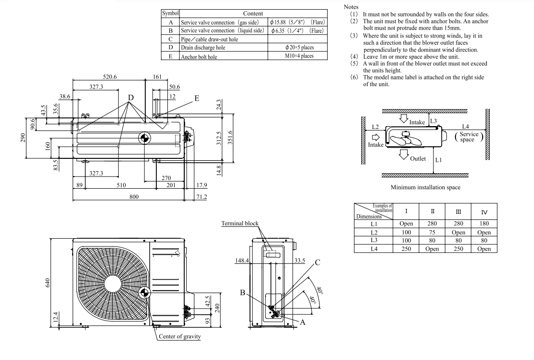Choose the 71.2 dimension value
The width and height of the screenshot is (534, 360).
[201, 196]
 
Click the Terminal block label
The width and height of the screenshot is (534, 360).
[240, 223]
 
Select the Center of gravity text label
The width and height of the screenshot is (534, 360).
[179, 336]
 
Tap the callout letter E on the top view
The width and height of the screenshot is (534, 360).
[196, 98]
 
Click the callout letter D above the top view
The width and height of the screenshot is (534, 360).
[130, 97]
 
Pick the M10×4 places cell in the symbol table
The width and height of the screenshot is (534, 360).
[298, 56]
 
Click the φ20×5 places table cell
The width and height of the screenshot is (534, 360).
[298, 48]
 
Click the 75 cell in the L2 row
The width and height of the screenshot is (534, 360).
[432, 232]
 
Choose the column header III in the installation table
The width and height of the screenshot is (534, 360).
[458, 211]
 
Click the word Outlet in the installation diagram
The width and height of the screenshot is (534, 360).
[418, 159]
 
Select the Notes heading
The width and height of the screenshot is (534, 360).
[351, 7]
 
